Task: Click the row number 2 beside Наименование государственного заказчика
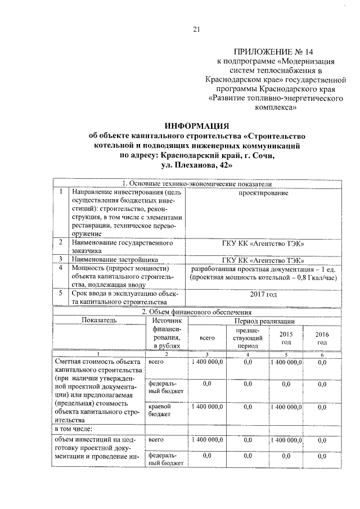click(x=60, y=242)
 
